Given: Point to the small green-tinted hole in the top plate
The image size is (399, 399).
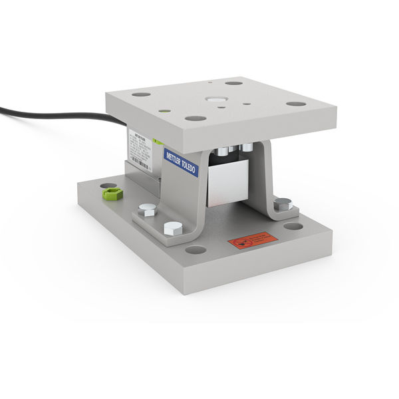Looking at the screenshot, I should click(x=164, y=111).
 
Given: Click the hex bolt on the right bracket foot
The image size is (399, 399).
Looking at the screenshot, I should click(x=282, y=203).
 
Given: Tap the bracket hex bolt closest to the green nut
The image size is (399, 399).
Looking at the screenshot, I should click(x=148, y=210).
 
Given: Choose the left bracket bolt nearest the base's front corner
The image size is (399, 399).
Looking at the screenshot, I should click(x=172, y=227).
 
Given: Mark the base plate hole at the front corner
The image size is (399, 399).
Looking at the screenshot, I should click(x=196, y=250).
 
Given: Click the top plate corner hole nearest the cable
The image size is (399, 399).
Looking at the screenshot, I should click(x=141, y=94).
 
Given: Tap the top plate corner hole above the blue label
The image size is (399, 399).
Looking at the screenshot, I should click(x=196, y=118).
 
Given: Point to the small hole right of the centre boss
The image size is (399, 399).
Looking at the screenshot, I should click(x=247, y=103).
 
